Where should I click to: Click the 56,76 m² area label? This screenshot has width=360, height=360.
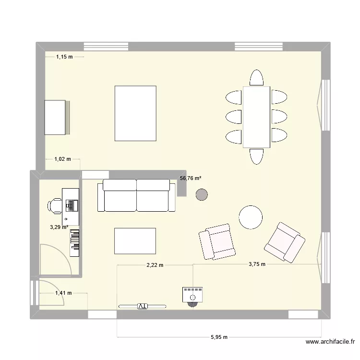point(191,179)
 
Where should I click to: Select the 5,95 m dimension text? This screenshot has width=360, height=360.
point(219,337)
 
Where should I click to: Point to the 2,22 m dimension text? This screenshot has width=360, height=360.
point(155,264)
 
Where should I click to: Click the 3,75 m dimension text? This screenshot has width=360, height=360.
point(257,264)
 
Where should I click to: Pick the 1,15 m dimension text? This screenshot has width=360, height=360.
point(64,57)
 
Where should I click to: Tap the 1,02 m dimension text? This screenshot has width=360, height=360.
point(62,159)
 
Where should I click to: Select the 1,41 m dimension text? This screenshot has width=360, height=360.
point(63,293)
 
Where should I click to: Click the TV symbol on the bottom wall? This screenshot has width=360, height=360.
point(142,305)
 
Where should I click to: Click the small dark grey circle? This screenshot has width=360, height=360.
point(202,194)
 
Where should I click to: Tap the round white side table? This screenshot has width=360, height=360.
point(251,217)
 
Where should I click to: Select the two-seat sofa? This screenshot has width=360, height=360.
point(137,195)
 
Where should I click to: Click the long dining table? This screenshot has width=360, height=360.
point(257,117)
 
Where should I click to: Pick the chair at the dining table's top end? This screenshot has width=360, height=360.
point(257,78)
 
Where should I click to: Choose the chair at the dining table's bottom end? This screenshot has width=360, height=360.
point(256,156)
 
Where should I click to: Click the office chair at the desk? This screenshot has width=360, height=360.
point(54,205)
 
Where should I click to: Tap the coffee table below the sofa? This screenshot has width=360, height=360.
point(135,240)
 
